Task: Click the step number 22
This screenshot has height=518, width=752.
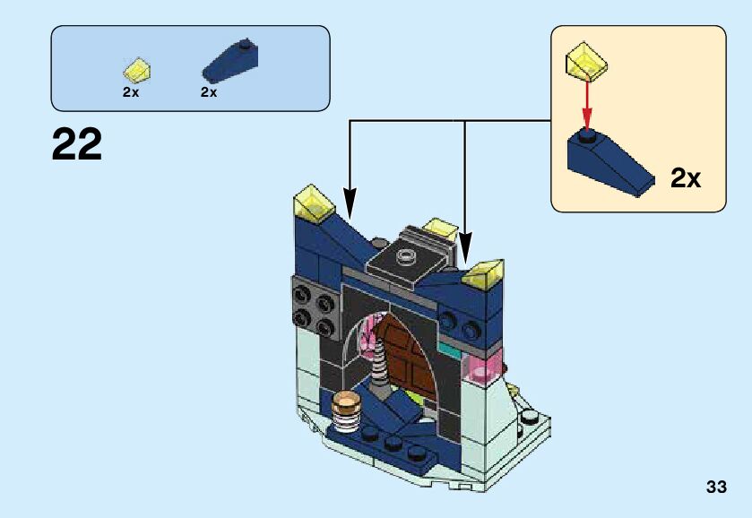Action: coord(77,144)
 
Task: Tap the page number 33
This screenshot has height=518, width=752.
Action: coord(715,488)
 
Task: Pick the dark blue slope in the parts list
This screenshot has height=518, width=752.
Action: coord(229,62)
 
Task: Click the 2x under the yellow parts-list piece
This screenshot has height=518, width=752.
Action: coord(131,92)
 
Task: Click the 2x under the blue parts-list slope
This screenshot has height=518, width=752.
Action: coord(209,92)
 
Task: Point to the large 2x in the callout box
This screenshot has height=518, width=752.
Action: coord(685,178)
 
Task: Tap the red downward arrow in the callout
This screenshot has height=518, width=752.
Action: coord(587,104)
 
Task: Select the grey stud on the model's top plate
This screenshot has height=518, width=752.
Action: coord(407,255)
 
